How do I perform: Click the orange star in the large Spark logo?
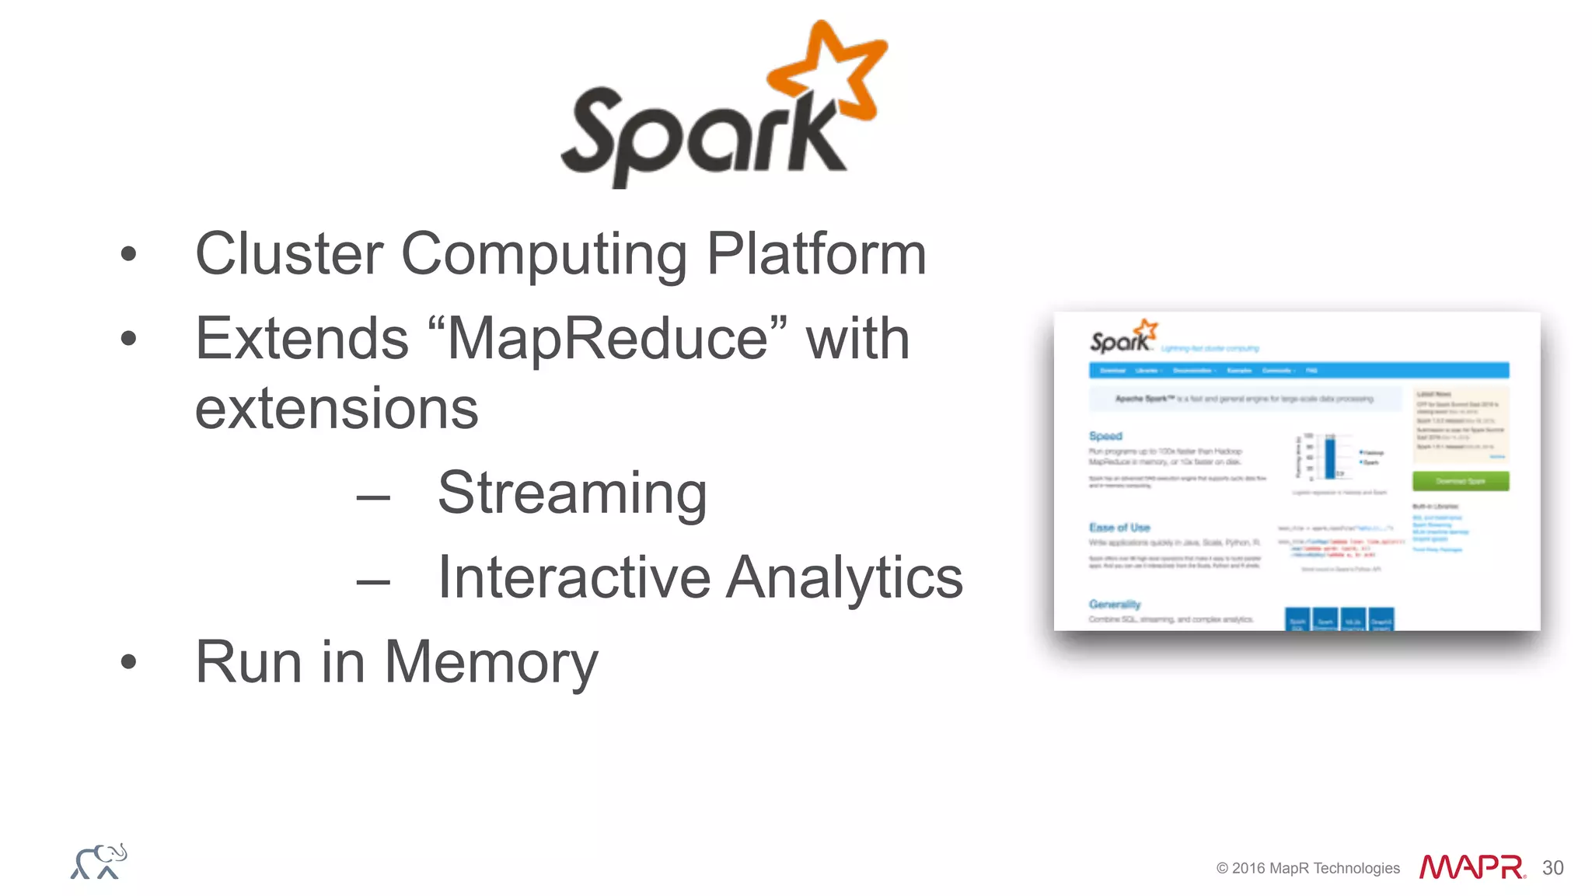[x=828, y=74]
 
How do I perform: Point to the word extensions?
[x=336, y=409]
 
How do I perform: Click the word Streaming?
[x=572, y=493]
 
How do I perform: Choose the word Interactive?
[x=574, y=577]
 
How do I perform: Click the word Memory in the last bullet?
[x=491, y=662]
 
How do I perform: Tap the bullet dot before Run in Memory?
[x=129, y=662]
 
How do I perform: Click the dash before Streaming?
[x=373, y=496]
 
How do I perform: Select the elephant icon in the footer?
[x=99, y=862]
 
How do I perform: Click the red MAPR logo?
[x=1472, y=867]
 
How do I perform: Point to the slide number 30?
[x=1552, y=868]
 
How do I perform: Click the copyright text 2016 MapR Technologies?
[x=1308, y=868]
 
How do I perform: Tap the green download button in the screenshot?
[x=1461, y=481]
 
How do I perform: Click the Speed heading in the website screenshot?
[x=1105, y=436]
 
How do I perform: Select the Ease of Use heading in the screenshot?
[x=1119, y=528]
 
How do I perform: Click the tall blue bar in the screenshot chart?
[x=1330, y=458]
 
